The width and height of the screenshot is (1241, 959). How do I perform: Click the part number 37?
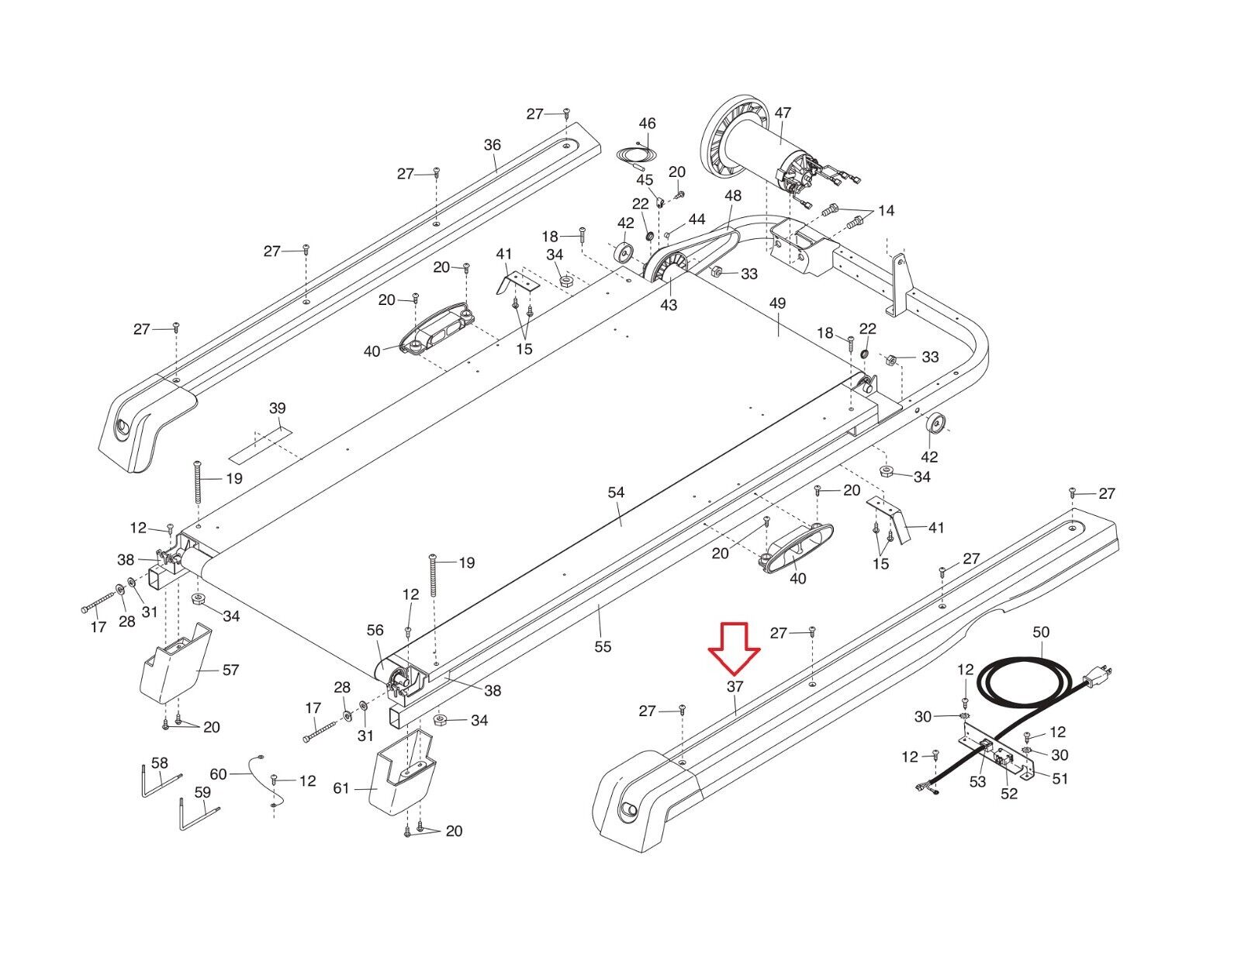[x=735, y=687]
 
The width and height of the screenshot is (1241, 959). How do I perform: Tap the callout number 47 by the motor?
[x=783, y=113]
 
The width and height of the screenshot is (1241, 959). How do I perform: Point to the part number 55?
[x=603, y=646]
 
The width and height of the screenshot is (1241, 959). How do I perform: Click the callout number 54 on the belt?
[x=616, y=493]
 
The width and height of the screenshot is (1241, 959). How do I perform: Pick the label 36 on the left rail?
[x=493, y=145]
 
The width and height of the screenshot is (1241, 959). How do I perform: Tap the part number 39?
[x=277, y=408]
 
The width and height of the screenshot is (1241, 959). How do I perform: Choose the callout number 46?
[x=647, y=123]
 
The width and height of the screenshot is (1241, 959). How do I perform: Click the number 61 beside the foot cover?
[x=341, y=788]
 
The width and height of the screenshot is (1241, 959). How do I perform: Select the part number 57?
[x=230, y=670]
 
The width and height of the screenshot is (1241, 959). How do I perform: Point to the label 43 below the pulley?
[x=668, y=305]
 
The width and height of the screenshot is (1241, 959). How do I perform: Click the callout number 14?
[x=886, y=211]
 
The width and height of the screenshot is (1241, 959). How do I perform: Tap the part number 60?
[x=219, y=774]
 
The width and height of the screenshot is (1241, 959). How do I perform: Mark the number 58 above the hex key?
[x=159, y=763]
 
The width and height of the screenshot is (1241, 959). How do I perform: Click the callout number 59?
[x=202, y=792]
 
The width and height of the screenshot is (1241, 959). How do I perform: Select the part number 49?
[x=777, y=303]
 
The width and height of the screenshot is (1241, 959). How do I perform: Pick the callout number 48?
[x=733, y=196]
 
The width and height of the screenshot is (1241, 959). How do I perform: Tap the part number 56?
[x=375, y=630]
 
